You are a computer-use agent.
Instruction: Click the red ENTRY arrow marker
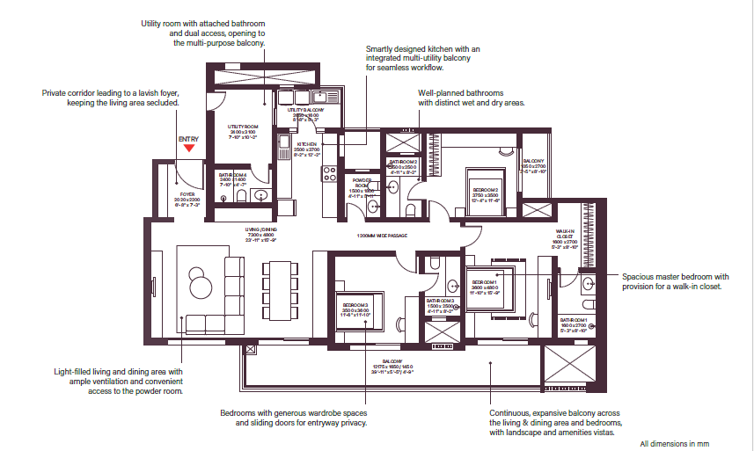tap(188, 149)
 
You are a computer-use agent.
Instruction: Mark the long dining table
tap(275, 288)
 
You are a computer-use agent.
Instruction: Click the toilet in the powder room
tap(373, 207)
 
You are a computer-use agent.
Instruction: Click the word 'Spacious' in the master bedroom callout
tap(640, 275)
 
